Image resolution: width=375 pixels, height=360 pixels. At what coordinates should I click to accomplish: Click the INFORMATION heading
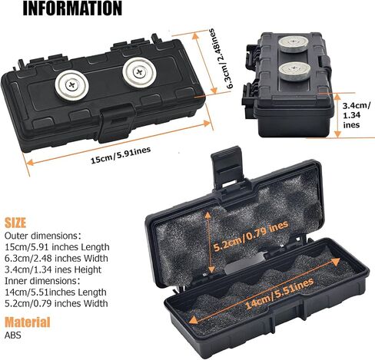coord(72,8)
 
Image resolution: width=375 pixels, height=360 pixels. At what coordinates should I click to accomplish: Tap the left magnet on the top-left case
coord(72,85)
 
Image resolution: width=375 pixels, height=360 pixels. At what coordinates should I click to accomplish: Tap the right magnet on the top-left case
coord(139,72)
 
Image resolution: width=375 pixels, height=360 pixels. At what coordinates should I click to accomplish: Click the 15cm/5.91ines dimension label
coord(121,155)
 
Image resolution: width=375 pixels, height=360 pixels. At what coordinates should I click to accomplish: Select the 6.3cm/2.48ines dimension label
coord(221,58)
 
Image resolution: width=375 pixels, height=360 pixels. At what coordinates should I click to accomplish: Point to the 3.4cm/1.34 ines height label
coord(357,115)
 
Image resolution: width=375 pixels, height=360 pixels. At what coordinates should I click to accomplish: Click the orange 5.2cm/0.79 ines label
coord(251,236)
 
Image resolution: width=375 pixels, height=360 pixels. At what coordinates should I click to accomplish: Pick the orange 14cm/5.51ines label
coord(279,293)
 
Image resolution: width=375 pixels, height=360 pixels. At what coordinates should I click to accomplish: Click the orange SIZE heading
coord(15,223)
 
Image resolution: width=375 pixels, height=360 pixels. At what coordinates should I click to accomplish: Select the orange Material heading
coord(28,322)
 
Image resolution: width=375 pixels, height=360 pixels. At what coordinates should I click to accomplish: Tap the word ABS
coord(13,335)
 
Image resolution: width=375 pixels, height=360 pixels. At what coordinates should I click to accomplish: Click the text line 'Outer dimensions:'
coord(43,236)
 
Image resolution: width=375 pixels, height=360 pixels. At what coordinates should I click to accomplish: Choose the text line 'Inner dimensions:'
coord(42,281)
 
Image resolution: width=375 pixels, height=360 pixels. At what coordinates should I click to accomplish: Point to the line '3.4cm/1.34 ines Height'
coord(53,269)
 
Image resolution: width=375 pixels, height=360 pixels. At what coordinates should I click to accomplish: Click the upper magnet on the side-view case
coord(294,45)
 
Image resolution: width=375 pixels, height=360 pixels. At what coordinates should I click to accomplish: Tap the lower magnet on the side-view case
coord(294,71)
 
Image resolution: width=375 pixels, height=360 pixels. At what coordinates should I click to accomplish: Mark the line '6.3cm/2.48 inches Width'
coord(56,258)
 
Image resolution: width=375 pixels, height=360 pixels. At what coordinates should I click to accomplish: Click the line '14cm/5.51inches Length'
coord(55,292)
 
